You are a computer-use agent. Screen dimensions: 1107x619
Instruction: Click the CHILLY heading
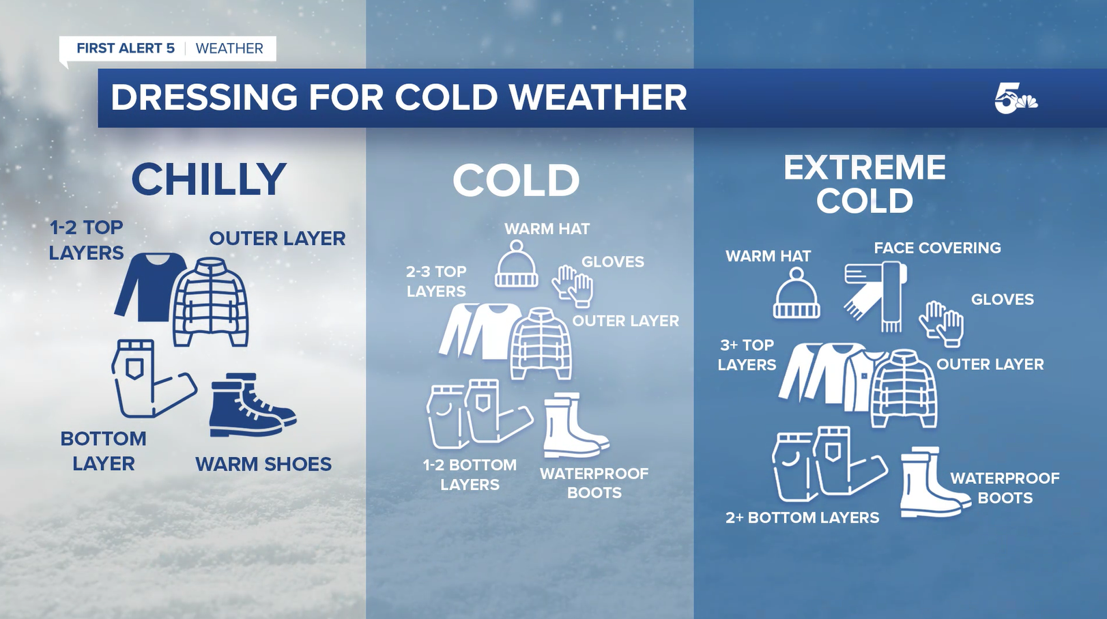pos(209,179)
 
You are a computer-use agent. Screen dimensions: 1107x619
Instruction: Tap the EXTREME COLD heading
pos(864,184)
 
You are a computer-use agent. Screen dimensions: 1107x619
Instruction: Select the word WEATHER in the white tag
pos(229,48)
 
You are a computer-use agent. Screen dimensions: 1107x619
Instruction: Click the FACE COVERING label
pos(938,248)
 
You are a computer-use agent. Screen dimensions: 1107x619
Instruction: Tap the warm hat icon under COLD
pos(517,264)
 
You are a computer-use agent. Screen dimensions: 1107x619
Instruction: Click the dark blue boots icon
pos(253,405)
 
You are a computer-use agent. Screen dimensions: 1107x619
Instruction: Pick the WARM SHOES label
pos(263,464)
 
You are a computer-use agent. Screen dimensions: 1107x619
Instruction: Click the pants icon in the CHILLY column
pos(152,378)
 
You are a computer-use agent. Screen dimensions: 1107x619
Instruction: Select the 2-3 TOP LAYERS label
pos(436,281)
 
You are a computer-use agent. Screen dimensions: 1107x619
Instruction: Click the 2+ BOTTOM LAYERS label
pos(803,517)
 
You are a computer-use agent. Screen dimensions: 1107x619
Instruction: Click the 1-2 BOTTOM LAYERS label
pos(470,474)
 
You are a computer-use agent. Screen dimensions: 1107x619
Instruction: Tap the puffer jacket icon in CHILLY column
pos(211,302)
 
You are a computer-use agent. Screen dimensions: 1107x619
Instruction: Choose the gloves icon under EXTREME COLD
pos(941,323)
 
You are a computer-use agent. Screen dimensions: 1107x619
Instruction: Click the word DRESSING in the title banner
pos(204,98)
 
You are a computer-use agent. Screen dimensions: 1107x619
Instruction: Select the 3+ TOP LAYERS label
pos(747,355)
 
